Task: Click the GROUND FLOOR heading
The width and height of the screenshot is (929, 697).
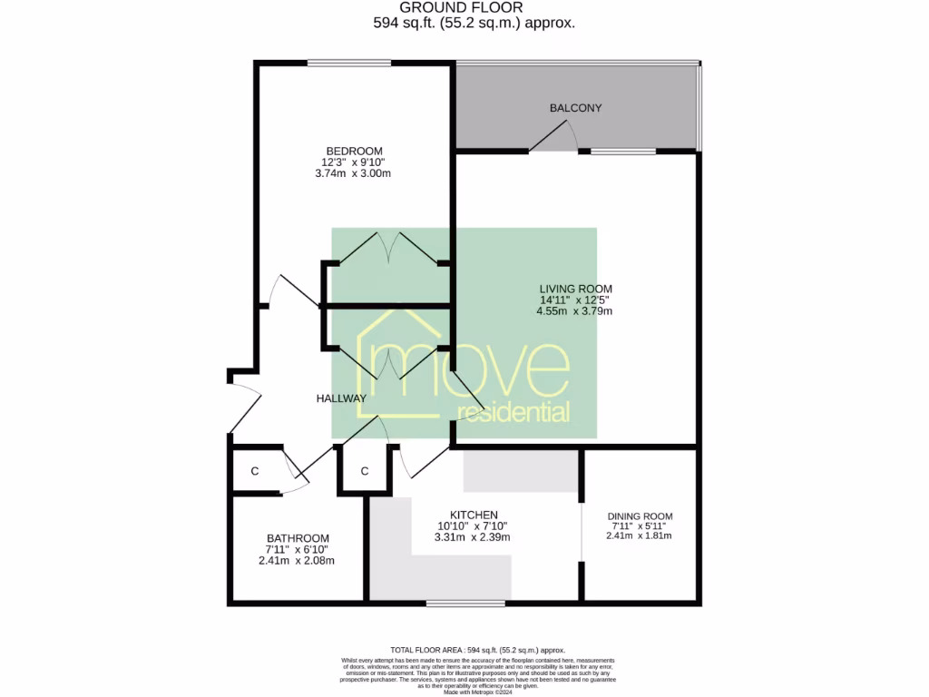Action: (x=474, y=7)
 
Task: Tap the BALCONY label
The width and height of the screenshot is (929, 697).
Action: (x=575, y=108)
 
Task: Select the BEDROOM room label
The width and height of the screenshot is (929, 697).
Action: (x=355, y=151)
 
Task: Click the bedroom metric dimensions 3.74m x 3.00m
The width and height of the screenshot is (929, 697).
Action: (x=355, y=172)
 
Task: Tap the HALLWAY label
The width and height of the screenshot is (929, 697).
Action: (x=341, y=398)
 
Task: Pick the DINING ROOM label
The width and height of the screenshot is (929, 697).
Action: (x=640, y=516)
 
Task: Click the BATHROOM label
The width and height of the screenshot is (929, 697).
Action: (x=298, y=538)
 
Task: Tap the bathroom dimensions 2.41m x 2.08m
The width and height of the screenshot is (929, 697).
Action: (x=298, y=560)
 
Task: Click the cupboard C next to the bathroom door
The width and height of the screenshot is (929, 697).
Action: (x=255, y=471)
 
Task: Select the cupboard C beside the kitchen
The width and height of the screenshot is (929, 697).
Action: (x=364, y=471)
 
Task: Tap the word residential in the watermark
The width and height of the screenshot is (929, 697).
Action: (x=513, y=413)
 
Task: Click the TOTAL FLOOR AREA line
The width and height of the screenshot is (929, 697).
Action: (x=477, y=650)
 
